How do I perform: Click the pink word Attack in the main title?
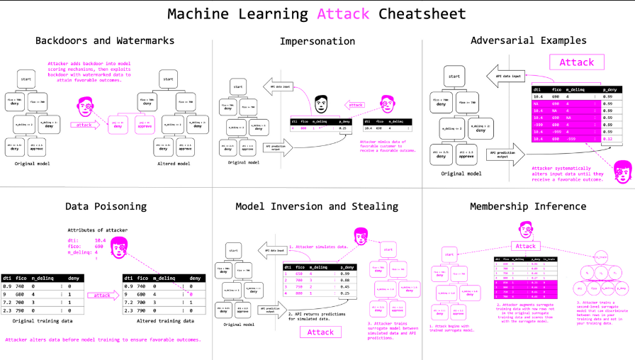click(x=343, y=13)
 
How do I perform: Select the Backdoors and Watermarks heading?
click(x=105, y=40)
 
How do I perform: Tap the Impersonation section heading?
click(x=317, y=41)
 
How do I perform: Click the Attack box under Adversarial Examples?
click(x=576, y=62)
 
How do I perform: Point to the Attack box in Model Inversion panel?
click(x=320, y=332)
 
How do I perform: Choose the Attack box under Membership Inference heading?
click(x=525, y=246)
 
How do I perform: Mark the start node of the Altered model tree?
click(x=168, y=79)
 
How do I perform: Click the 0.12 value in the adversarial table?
click(x=608, y=139)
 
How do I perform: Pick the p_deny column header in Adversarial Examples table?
click(x=608, y=89)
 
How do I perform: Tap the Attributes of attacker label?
click(x=98, y=230)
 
